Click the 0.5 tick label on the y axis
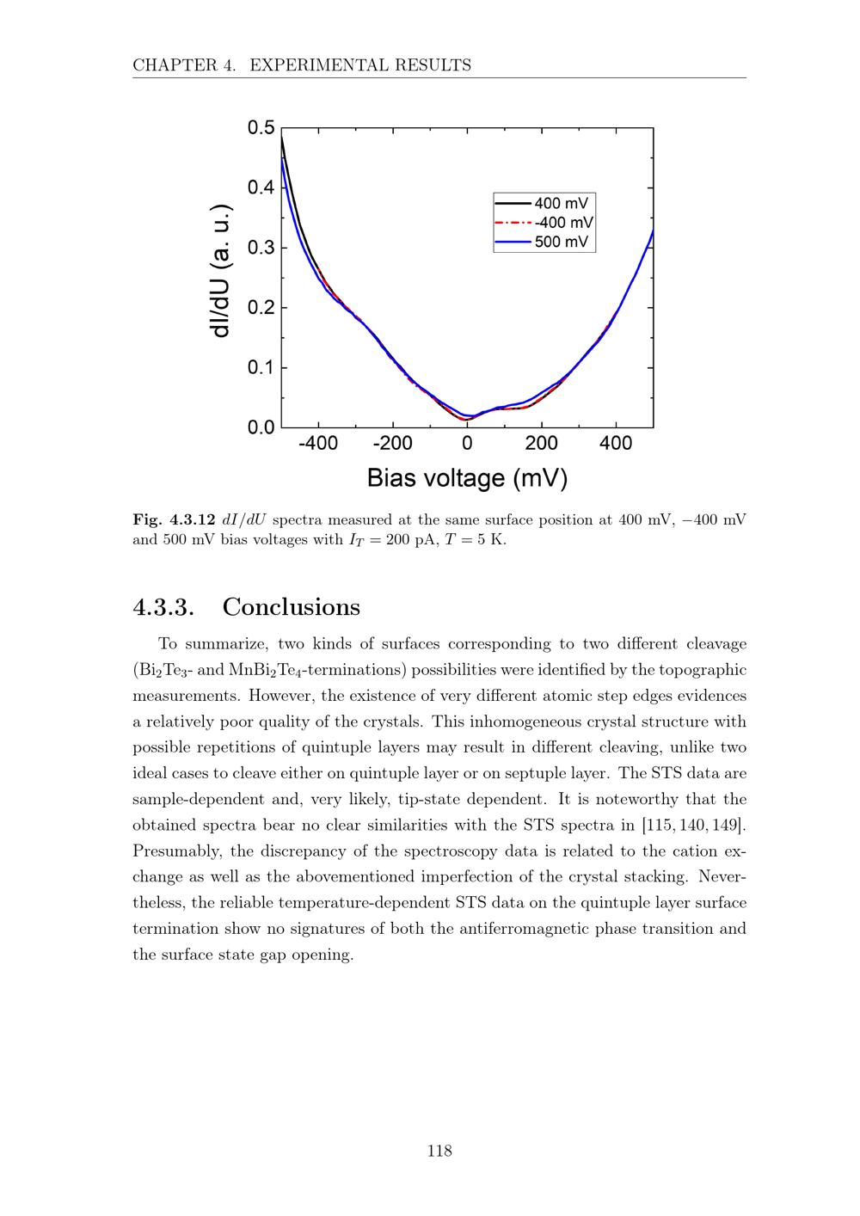coord(261,128)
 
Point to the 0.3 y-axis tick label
coord(261,248)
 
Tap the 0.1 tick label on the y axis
coord(261,368)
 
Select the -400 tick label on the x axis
coord(318,444)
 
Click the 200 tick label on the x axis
coord(541,444)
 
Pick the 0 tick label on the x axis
coord(467,444)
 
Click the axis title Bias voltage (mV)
coord(468,478)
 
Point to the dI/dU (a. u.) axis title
coord(220,272)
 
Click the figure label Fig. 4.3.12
coord(175,520)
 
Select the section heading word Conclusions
coord(291,607)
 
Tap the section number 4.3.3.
coord(163,607)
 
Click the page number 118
coord(439,1151)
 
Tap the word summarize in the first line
coord(227,644)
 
